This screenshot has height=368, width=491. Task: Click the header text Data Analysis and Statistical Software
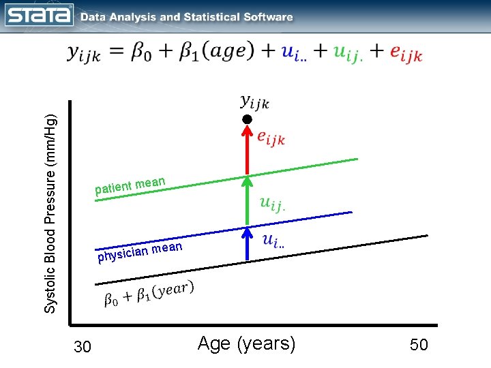(187, 17)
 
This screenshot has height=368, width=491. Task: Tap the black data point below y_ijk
(248, 119)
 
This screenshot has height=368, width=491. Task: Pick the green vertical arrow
(248, 201)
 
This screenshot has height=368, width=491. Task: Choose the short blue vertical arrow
(248, 245)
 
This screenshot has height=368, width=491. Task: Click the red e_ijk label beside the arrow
(271, 138)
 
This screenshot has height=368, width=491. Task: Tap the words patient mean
(130, 185)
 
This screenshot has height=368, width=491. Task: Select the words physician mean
(140, 251)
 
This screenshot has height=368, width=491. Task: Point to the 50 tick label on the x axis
(419, 345)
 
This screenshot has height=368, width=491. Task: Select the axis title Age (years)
(246, 343)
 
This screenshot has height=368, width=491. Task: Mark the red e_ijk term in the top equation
(406, 55)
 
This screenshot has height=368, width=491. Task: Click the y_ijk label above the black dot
(255, 102)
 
